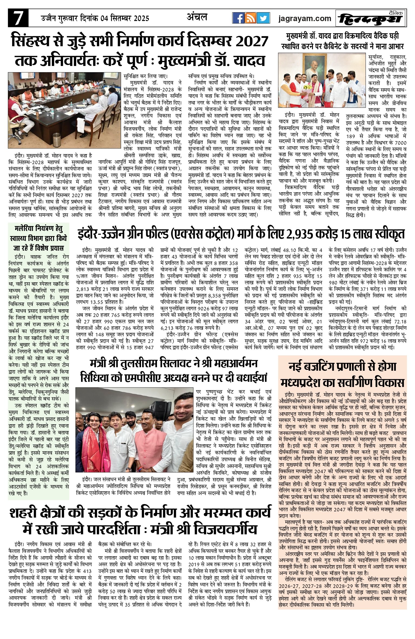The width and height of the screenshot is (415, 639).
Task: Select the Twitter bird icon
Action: [263, 18]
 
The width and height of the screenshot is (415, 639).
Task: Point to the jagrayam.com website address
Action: [305, 18]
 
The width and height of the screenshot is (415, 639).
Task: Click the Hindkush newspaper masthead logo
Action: [371, 19]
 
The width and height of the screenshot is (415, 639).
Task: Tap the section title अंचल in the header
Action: [197, 17]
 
